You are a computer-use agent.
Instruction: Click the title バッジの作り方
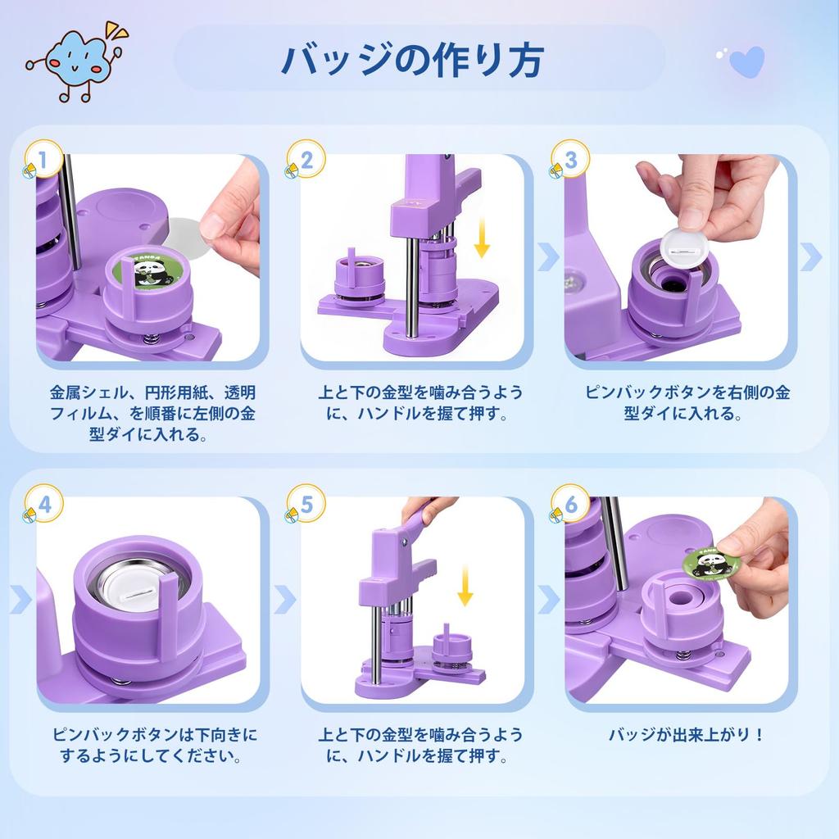411,59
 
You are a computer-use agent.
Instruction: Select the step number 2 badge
307,160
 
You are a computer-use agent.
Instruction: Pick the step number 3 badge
570,160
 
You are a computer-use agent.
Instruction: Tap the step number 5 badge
307,506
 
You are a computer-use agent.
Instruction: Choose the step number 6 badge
570,506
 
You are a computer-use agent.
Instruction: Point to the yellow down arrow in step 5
465,583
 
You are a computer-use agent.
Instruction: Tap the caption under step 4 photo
154,745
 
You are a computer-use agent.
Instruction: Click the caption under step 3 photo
687,402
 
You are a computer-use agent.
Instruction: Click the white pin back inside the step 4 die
135,584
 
